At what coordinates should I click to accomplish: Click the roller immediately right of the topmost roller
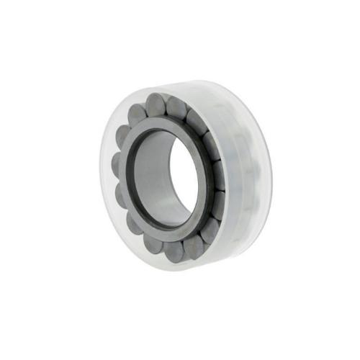click(x=178, y=108)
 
